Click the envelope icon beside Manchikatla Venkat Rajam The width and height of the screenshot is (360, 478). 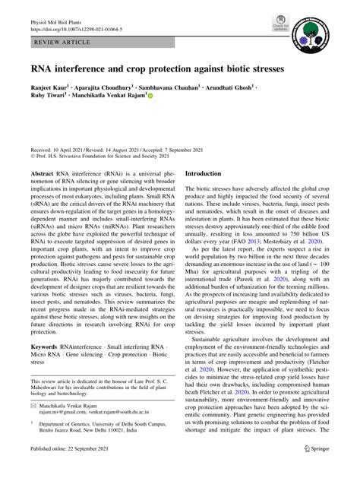click(34, 428)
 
